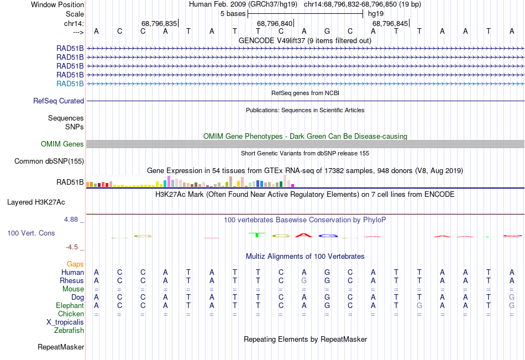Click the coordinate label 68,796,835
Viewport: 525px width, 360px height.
(159, 23)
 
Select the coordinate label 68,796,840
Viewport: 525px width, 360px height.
(275, 23)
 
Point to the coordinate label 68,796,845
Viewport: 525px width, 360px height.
(390, 23)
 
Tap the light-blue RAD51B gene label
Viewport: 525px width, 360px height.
(70, 84)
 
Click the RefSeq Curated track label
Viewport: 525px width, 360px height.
(59, 101)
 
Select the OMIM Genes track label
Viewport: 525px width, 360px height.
(62, 144)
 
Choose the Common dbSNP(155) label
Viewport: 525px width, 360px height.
(49, 161)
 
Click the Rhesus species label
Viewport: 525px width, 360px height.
(72, 280)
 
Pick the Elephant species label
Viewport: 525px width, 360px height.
(70, 305)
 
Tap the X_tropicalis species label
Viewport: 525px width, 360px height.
(66, 322)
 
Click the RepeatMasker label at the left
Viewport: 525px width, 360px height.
(61, 347)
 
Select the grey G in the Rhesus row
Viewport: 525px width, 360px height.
(304, 280)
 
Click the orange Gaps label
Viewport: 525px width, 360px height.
(75, 264)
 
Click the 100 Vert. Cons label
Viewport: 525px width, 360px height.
(31, 233)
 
